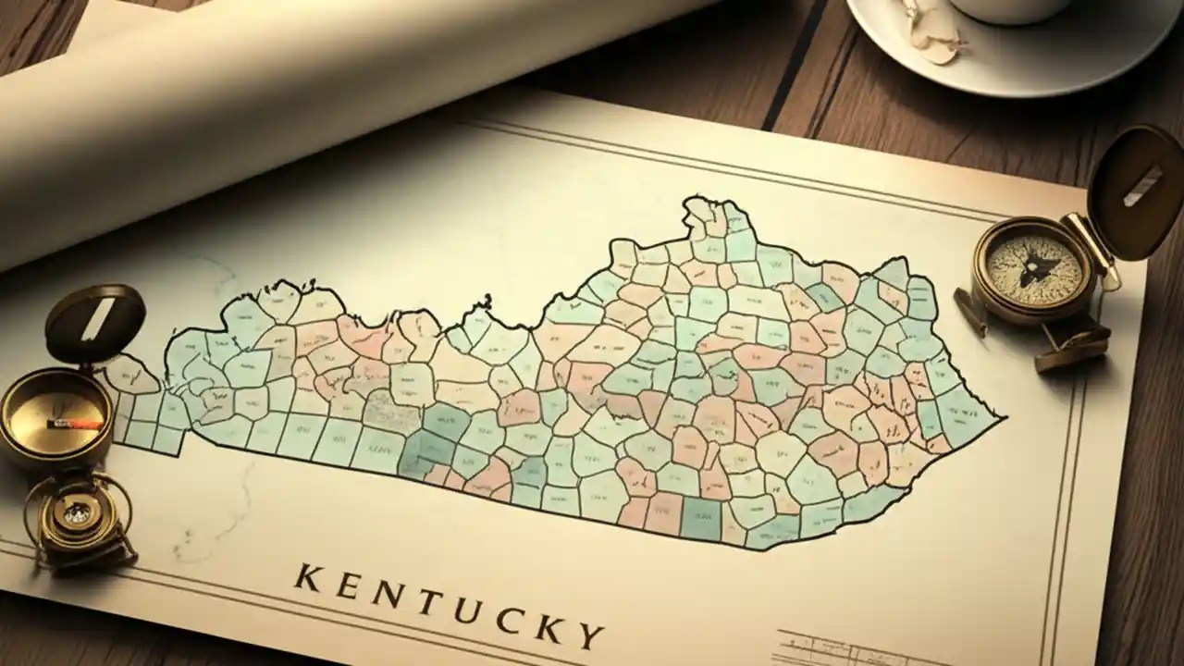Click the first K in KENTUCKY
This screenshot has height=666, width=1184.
pos(309,577)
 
